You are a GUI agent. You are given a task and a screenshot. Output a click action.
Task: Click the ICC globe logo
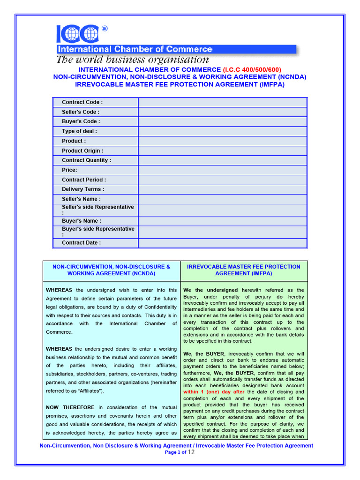point(78,33)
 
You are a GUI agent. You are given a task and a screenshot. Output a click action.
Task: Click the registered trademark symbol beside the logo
point(104,29)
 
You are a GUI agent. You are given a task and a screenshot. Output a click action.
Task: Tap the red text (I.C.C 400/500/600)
point(252,69)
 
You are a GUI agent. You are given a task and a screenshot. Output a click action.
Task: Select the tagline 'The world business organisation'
point(132,60)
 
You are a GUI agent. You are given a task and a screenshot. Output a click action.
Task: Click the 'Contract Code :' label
point(82,102)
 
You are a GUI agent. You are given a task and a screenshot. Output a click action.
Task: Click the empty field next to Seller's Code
point(222,112)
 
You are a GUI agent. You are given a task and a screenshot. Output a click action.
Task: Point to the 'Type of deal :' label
point(79,131)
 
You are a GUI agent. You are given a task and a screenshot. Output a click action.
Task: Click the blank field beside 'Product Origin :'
point(222,151)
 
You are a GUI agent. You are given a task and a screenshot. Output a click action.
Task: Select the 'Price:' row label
point(69,170)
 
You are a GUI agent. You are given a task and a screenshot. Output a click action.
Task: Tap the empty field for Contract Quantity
point(222,160)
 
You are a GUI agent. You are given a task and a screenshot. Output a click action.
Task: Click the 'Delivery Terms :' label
point(83,189)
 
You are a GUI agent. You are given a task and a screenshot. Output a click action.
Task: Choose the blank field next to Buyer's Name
point(222,221)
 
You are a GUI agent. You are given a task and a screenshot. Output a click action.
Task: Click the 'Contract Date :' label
point(81,243)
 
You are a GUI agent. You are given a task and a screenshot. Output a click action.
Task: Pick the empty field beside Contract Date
point(222,243)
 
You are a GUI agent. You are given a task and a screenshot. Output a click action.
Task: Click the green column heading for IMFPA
point(244,270)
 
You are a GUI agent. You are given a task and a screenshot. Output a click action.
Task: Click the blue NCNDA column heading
point(112,270)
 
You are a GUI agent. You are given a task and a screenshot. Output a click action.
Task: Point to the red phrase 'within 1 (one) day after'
point(214,392)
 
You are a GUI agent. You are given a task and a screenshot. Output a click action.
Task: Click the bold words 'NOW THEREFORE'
point(70,407)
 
